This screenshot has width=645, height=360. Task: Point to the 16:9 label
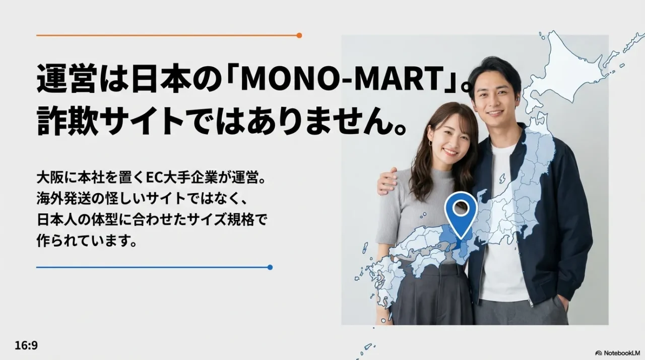click(26, 346)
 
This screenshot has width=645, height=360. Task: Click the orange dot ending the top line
click(299, 35)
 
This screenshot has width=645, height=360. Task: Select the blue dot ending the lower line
click(270, 267)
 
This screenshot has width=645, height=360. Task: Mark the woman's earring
click(430, 143)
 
